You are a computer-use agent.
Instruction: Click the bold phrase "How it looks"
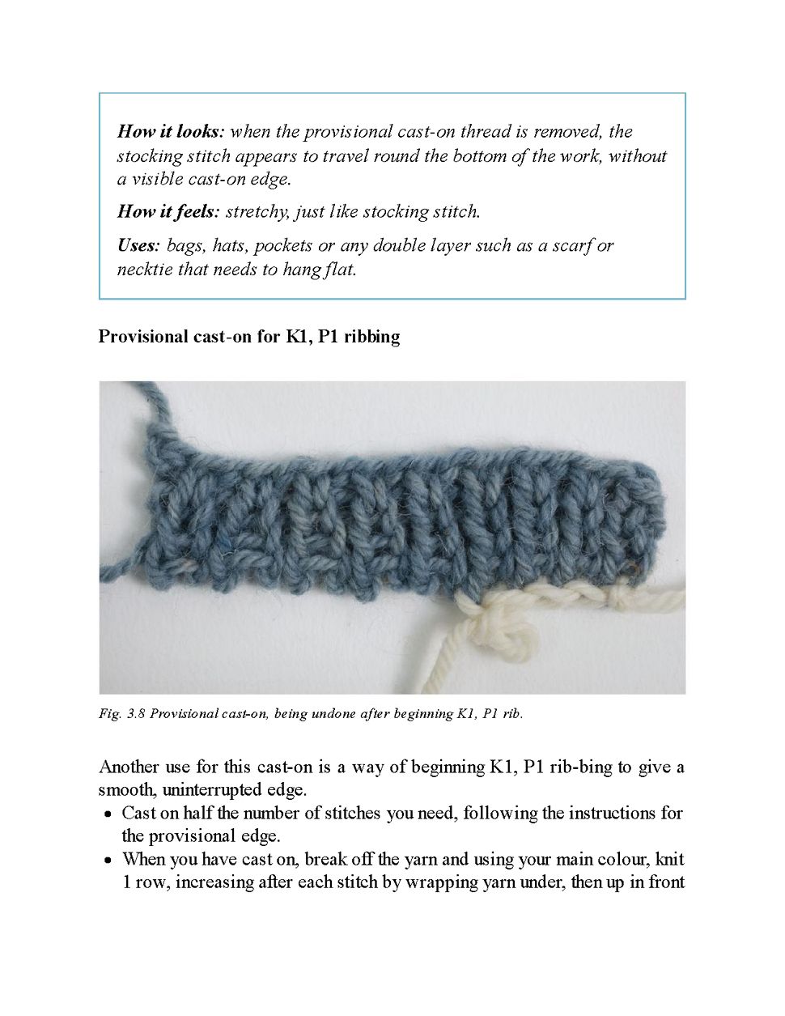pos(169,131)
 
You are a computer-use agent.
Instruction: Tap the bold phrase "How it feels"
pos(168,212)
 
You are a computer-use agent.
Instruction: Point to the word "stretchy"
pos(255,212)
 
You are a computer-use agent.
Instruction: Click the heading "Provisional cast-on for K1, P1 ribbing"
pos(248,336)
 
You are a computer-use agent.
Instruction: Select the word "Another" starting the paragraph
pos(129,767)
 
